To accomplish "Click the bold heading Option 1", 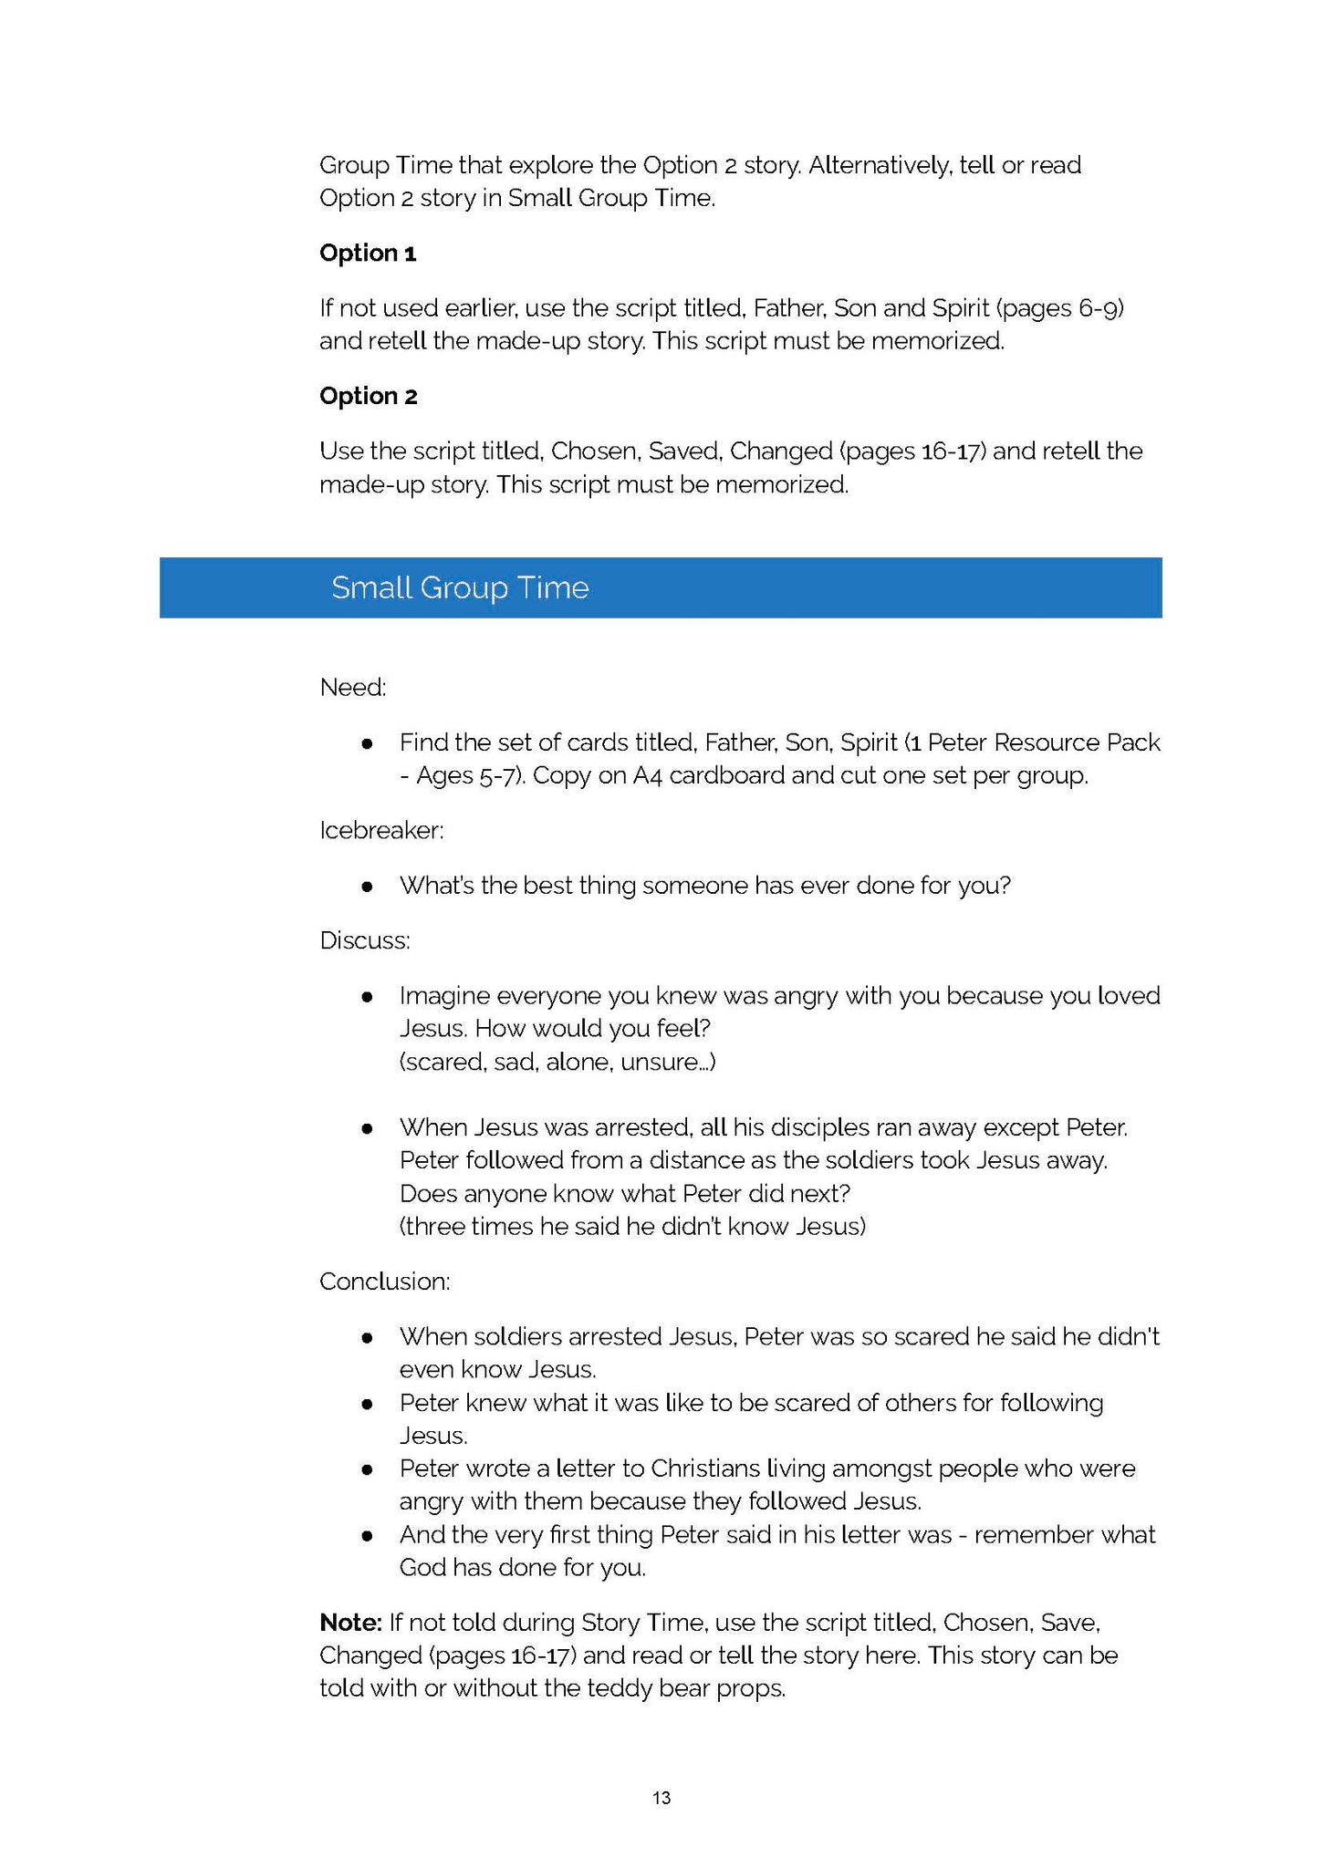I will coord(368,254).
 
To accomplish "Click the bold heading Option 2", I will coord(368,397).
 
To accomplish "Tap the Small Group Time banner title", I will coord(460,588).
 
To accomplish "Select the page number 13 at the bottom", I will coord(661,1798).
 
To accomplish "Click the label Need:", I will coord(353,688).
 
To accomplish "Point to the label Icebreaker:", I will coord(381,831).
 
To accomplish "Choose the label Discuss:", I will coord(365,941).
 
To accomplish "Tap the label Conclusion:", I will coord(384,1282).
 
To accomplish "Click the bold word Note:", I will coord(350,1623).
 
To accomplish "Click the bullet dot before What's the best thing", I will coord(367,887).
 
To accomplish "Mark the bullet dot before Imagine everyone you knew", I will coord(367,997).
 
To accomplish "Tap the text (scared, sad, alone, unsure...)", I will coord(557,1063).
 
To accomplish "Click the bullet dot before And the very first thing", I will coord(367,1535).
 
